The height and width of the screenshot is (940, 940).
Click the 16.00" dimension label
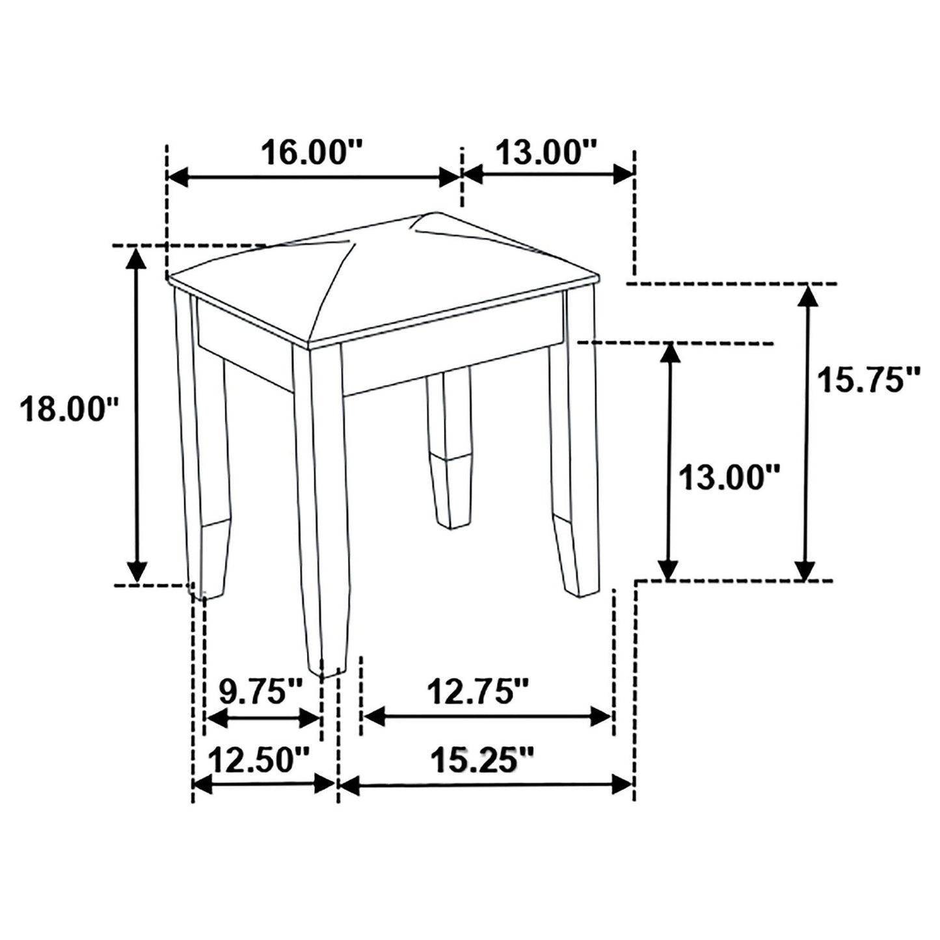coord(312,154)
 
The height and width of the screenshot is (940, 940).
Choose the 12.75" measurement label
coord(478,692)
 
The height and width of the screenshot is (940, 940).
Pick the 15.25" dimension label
coord(482,760)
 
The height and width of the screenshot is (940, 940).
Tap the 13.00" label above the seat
coord(546,154)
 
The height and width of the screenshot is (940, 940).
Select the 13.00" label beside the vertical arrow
coord(729,478)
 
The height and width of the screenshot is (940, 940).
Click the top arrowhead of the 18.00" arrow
coord(135,258)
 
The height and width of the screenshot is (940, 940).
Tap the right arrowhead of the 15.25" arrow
coord(623,785)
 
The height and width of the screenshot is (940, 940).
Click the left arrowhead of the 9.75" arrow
coord(215,718)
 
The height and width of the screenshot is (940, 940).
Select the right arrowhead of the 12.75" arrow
coord(601,717)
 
